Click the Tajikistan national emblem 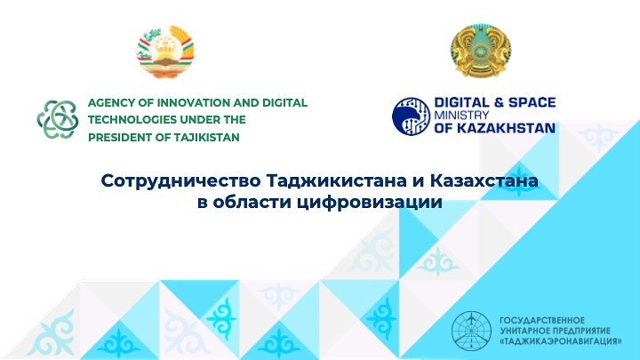165,52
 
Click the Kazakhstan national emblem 481,51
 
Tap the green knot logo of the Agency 58,119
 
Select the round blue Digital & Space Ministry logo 411,116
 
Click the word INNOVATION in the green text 191,102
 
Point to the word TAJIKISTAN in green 206,138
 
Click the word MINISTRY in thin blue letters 461,115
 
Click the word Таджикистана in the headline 336,180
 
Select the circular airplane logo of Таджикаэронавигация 472,331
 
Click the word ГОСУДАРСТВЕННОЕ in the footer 542,320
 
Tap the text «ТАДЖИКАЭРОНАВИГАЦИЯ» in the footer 561,341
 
